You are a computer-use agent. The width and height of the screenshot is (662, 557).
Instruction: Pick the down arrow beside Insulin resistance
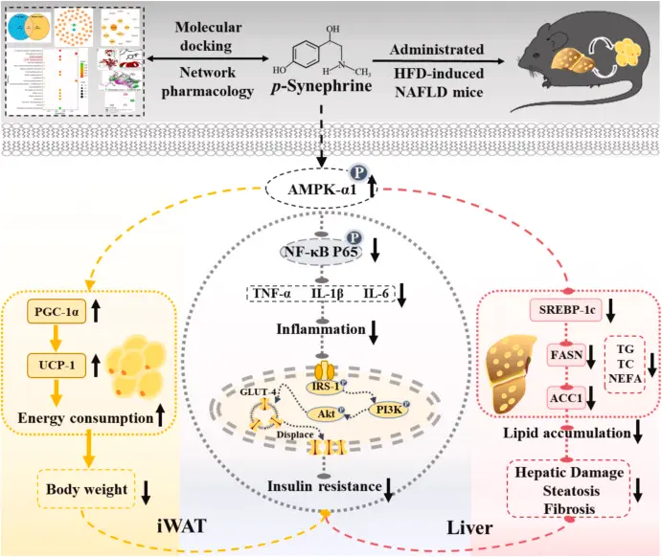coord(389,493)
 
